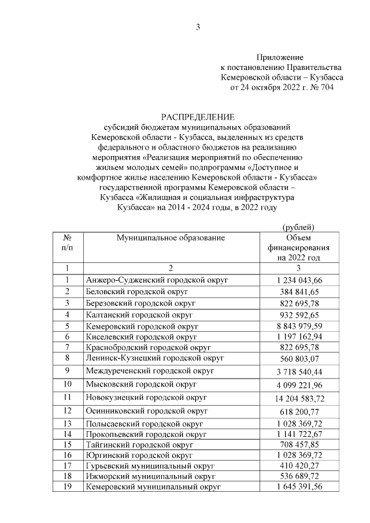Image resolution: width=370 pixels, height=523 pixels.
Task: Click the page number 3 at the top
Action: click(198, 27)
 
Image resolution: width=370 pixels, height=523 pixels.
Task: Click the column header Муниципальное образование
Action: click(171, 238)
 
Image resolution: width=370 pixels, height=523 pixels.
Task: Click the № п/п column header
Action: click(67, 243)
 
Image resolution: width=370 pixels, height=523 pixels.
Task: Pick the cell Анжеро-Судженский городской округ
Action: click(157, 280)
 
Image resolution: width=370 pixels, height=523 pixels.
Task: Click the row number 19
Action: click(67, 487)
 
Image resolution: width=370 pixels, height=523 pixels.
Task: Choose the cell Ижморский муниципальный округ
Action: click(150, 476)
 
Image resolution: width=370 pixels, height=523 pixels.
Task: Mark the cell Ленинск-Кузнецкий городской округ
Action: click(154, 358)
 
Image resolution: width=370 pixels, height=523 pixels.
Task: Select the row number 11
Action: click(67, 397)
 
